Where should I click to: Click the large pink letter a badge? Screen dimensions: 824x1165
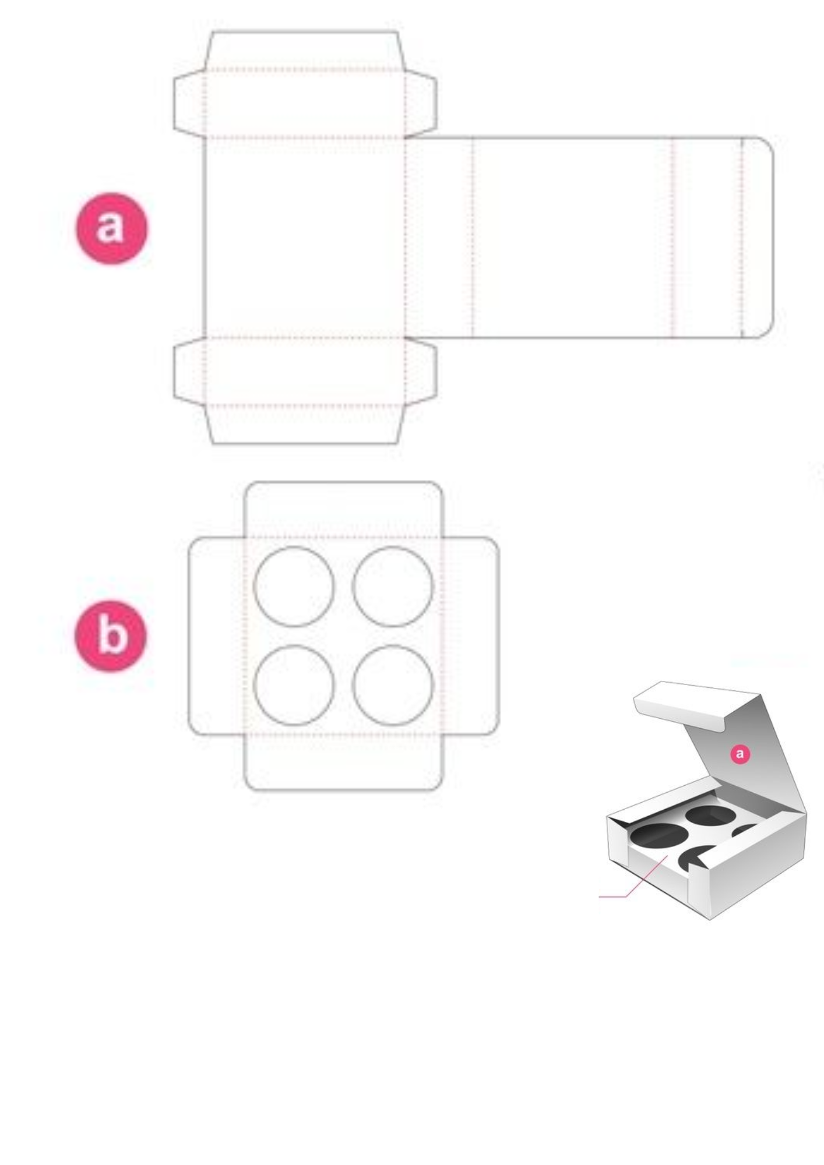112,228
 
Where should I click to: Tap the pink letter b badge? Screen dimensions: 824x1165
111,636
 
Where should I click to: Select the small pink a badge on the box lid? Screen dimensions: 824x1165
740,754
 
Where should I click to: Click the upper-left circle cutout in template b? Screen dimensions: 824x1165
294,587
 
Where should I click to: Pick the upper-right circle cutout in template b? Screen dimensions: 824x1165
393,587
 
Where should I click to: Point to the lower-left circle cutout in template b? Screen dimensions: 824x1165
294,685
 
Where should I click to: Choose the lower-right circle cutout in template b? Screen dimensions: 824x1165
393,685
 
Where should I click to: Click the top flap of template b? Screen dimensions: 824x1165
344,509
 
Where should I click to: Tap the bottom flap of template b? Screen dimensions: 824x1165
344,762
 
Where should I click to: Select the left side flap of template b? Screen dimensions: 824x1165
217,636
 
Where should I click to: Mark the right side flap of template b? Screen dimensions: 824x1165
471,636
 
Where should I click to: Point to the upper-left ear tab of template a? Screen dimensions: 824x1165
189,104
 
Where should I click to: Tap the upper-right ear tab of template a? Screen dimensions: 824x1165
421,104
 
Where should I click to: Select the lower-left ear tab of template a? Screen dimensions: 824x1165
189,371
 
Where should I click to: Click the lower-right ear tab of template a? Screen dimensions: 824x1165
421,371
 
